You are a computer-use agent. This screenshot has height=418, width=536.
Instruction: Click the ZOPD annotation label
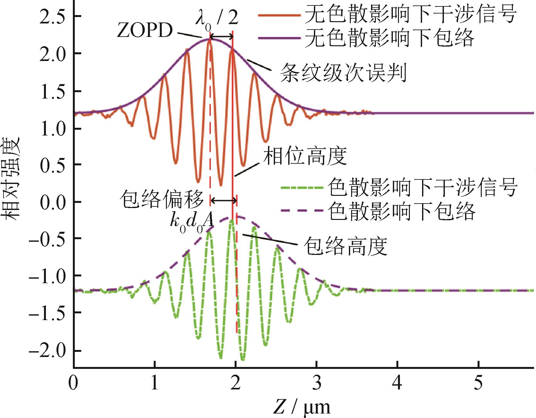(x=144, y=31)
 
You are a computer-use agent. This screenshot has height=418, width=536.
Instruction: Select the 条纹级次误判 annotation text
(x=343, y=73)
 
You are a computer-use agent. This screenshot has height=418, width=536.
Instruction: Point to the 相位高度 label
(x=305, y=156)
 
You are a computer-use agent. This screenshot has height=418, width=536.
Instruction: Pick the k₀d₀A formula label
(x=192, y=222)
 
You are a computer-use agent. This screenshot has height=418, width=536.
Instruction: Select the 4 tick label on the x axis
(x=397, y=384)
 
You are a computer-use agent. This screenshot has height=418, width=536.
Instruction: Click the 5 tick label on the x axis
(x=478, y=384)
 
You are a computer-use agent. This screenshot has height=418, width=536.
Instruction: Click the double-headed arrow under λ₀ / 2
(x=221, y=37)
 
